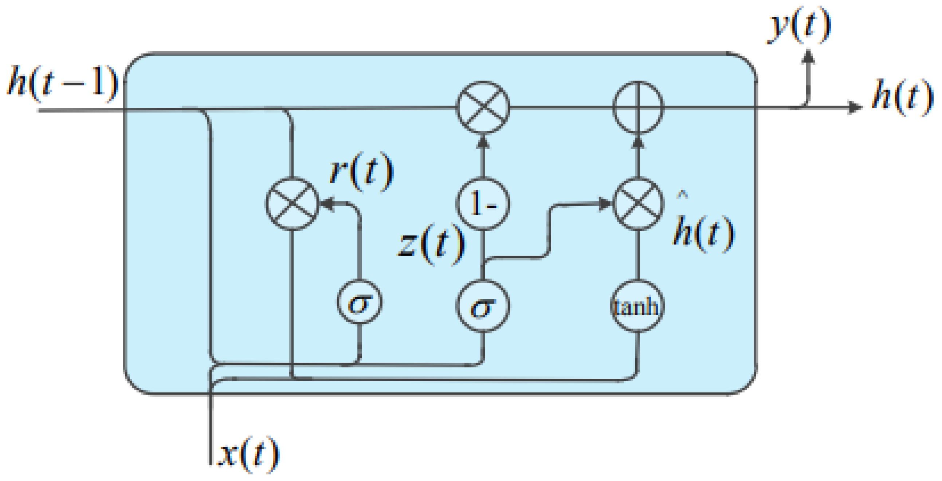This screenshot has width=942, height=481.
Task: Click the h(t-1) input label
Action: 63,82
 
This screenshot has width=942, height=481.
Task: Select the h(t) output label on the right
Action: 902,97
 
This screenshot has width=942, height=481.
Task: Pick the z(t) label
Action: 432,244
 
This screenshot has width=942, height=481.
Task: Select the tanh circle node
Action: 637,306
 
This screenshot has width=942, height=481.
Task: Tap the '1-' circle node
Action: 483,204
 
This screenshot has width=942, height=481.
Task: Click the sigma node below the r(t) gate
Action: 360,302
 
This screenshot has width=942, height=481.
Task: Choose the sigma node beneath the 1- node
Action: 483,306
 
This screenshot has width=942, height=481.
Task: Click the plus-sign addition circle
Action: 638,107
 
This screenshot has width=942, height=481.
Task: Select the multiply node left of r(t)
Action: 292,204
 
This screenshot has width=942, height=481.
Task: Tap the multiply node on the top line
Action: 483,107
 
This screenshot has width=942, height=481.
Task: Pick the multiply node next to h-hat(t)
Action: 638,204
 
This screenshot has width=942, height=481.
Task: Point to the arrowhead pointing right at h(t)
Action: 855,107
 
